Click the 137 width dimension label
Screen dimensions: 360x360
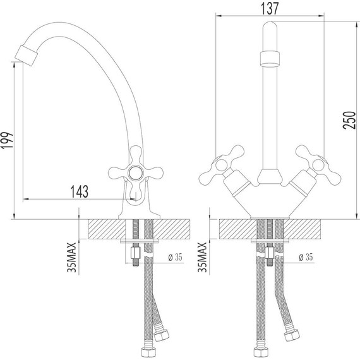[270, 8]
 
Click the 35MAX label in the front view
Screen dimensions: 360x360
[202, 256]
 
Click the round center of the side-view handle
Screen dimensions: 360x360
[133, 172]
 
